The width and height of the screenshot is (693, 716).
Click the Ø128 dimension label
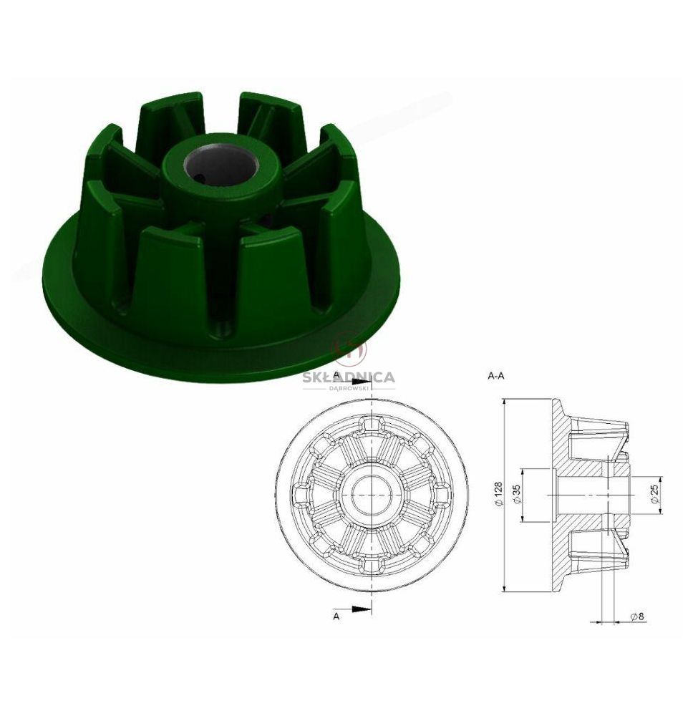coord(498,494)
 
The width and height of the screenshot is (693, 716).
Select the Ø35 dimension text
coord(516,494)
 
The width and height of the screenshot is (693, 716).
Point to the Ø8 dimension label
coord(637,616)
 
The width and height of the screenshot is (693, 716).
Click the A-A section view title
coord(496,377)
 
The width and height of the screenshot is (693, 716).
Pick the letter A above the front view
coord(336,375)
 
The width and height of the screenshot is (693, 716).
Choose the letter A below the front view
coord(336,616)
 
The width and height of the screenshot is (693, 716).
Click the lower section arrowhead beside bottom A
coord(362,608)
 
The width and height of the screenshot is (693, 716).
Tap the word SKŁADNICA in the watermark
coord(349,377)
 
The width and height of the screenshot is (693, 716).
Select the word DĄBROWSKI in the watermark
coord(349,388)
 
